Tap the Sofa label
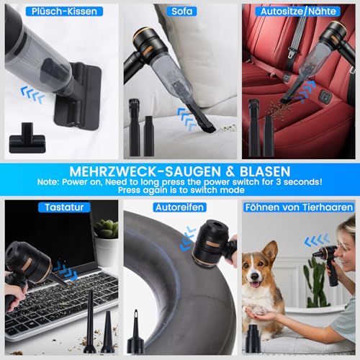(x=181, y=12)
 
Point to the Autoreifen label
(x=180, y=207)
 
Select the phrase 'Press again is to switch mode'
(x=180, y=191)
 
